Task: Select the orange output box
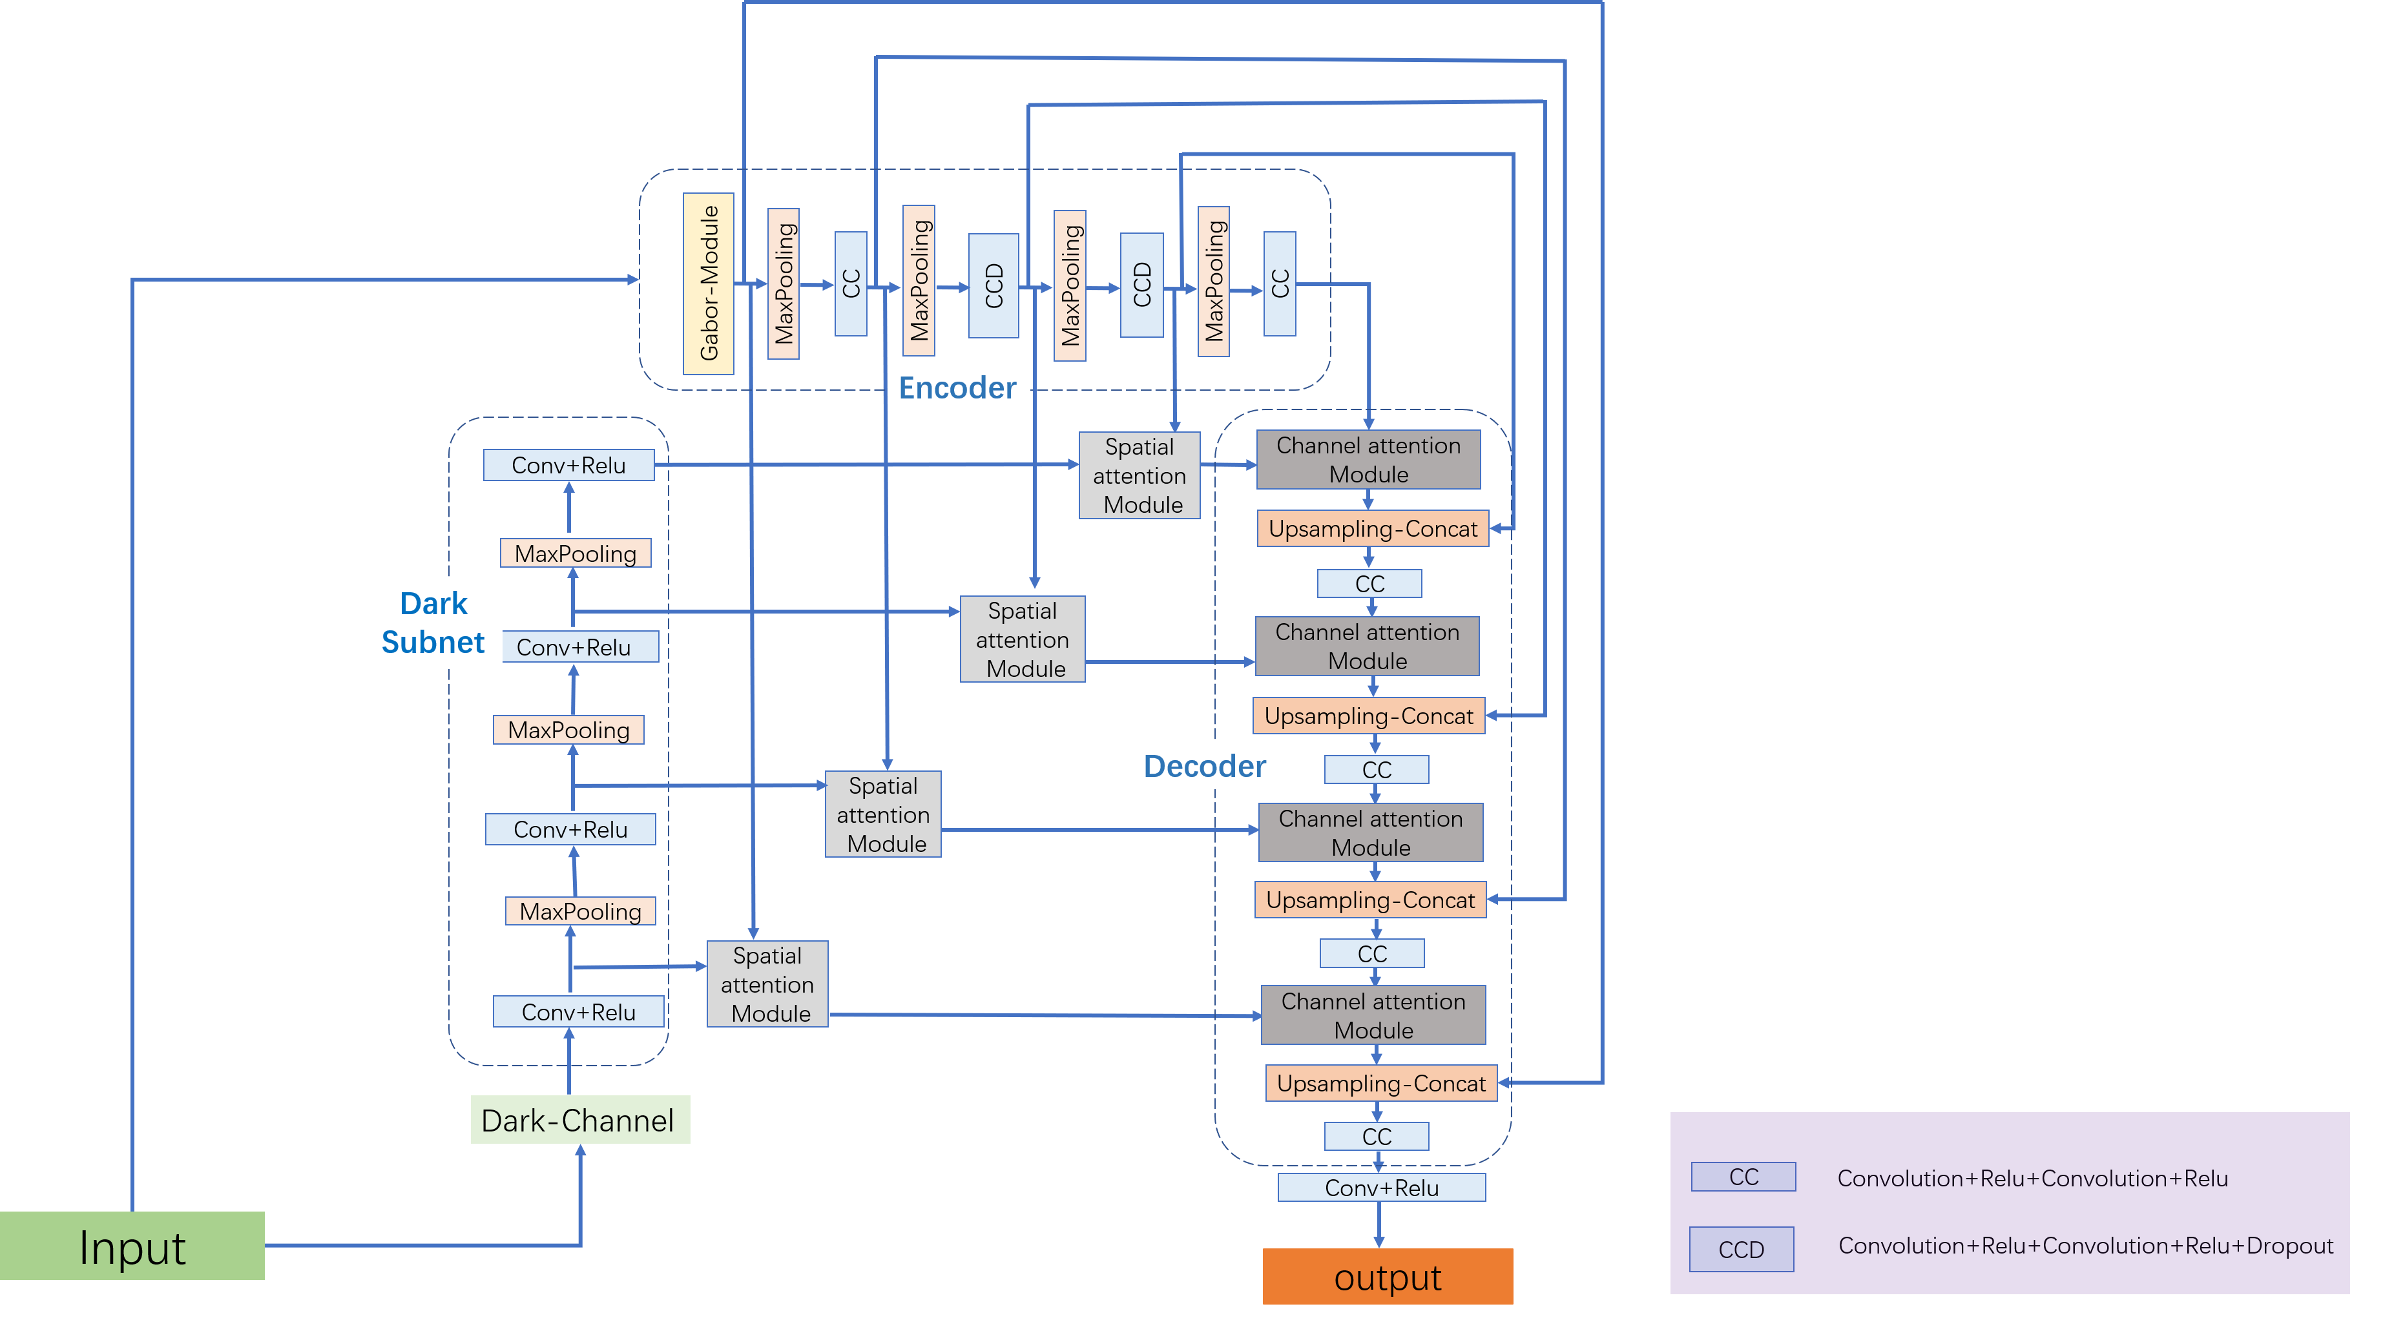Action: [x=1387, y=1277]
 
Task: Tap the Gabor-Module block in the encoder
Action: [x=708, y=283]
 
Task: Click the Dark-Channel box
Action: [x=580, y=1121]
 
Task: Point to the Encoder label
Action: [x=957, y=387]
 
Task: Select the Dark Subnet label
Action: [x=433, y=622]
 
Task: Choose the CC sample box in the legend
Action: [x=1743, y=1177]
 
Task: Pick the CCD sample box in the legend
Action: [x=1741, y=1249]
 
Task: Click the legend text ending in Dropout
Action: [x=2085, y=1246]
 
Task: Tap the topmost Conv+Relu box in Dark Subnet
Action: [x=568, y=466]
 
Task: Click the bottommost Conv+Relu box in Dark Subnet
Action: [x=578, y=1012]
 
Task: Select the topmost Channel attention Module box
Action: [x=1368, y=460]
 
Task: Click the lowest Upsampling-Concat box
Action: [x=1380, y=1083]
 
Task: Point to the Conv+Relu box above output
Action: [x=1381, y=1188]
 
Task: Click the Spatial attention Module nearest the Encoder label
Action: [x=1139, y=475]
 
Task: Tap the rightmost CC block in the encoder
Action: [x=1280, y=283]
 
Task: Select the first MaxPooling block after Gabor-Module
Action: [x=784, y=283]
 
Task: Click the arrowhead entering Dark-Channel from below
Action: [x=581, y=1151]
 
